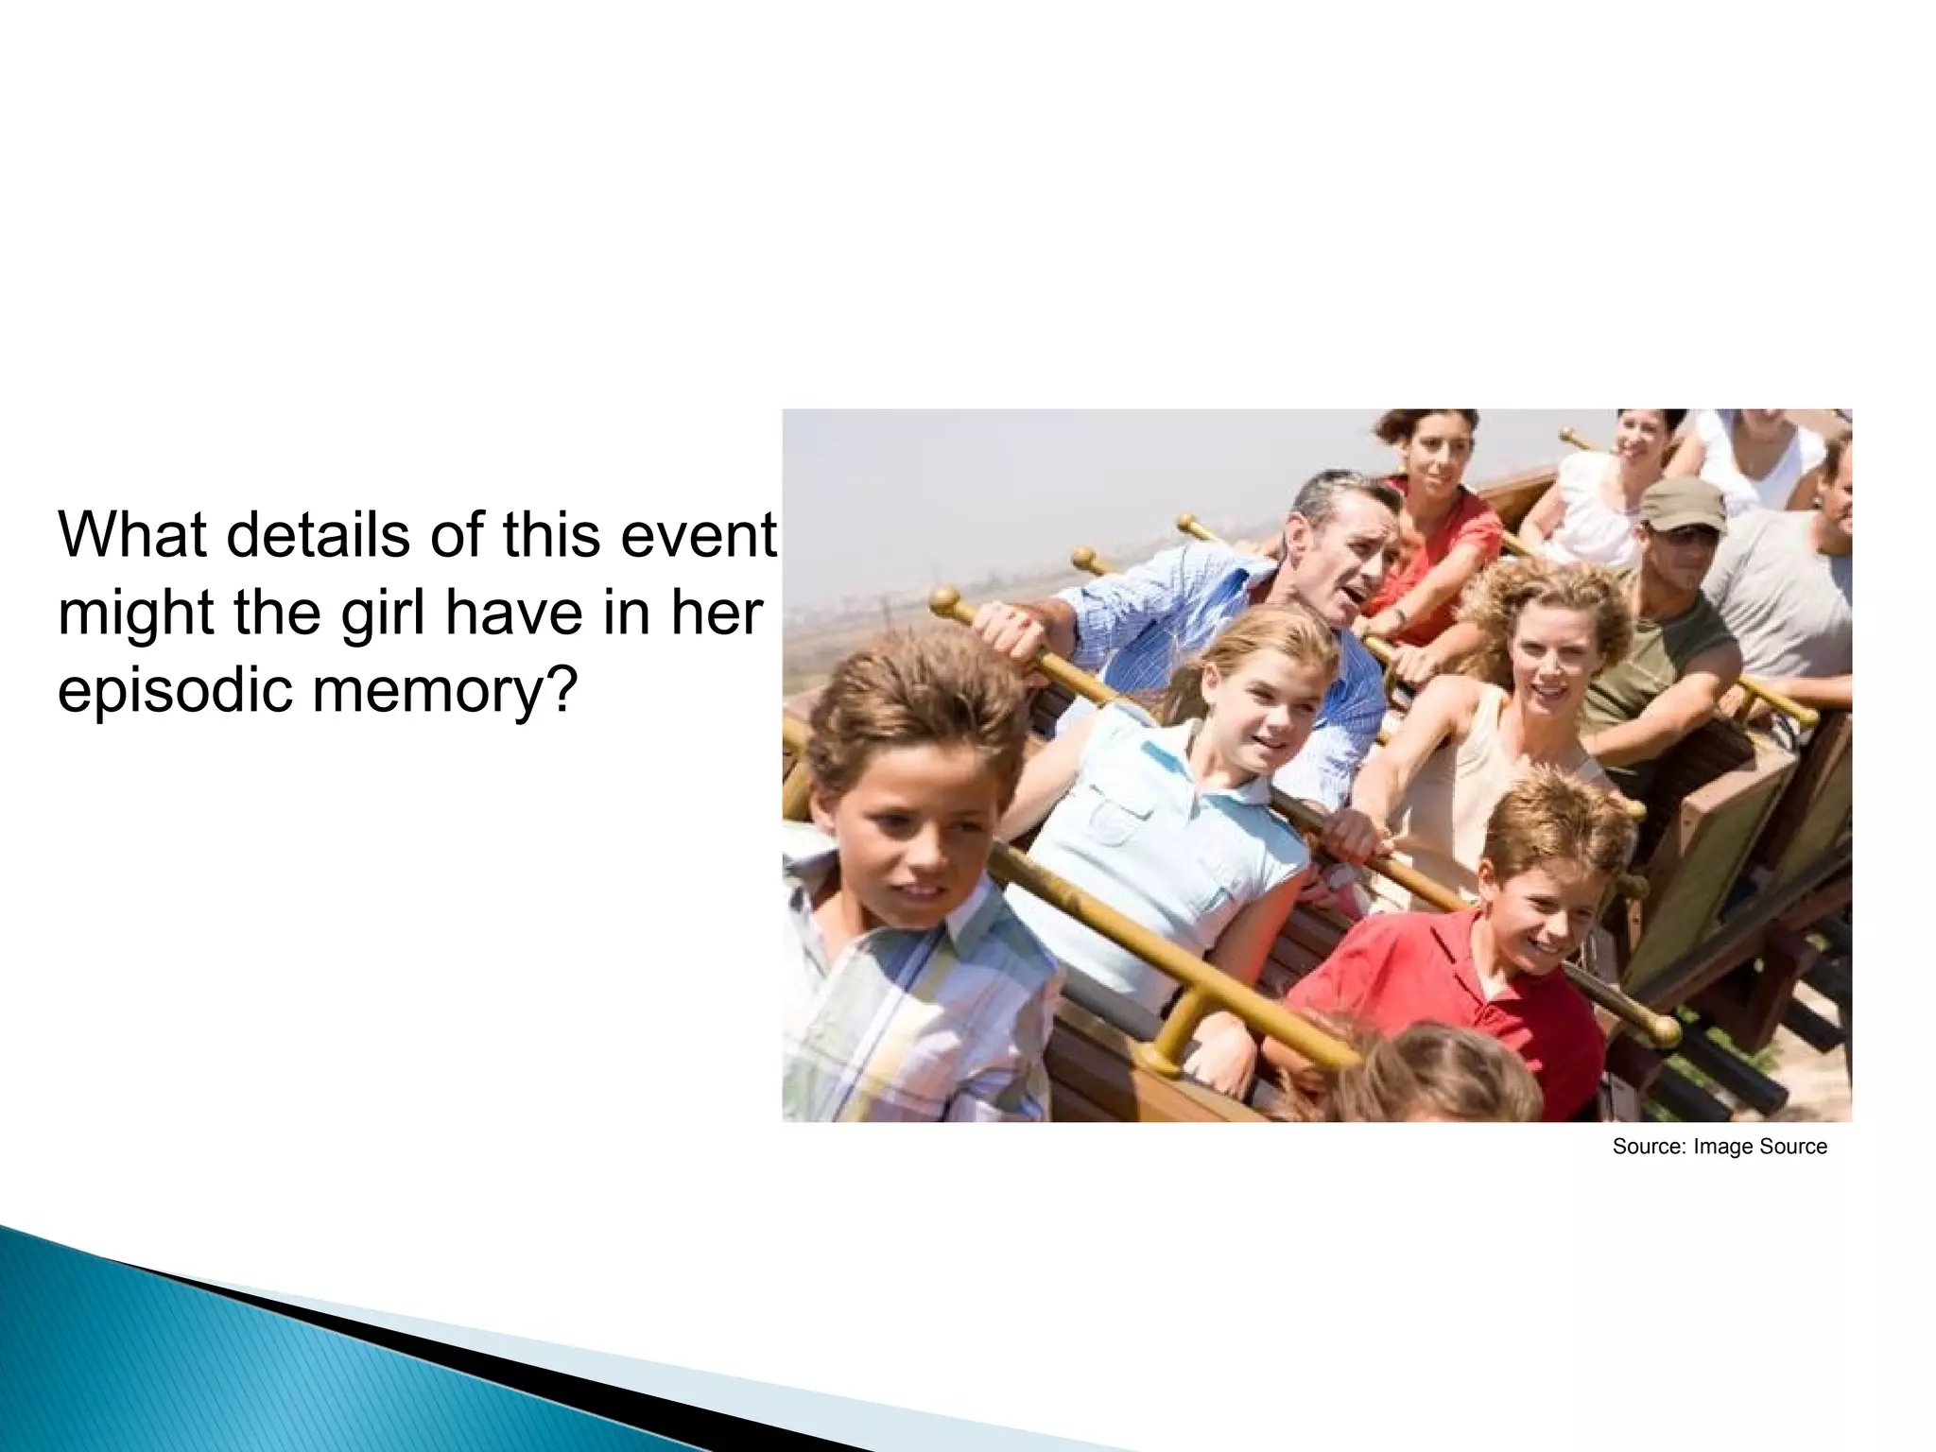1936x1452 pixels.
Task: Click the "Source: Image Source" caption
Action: tap(1720, 1147)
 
